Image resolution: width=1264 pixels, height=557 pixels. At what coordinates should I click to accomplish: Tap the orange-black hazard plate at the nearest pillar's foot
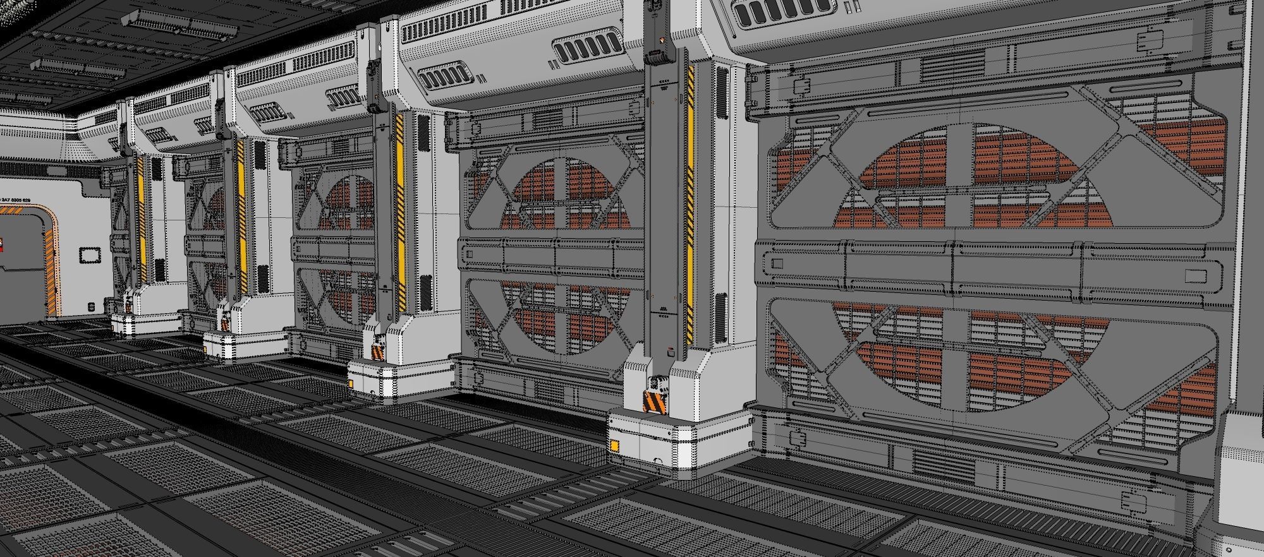tap(651, 402)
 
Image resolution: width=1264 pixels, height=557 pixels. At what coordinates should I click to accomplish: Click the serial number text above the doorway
tap(15, 200)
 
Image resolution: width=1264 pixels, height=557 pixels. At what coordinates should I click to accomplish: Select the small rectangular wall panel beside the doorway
tap(90, 255)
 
